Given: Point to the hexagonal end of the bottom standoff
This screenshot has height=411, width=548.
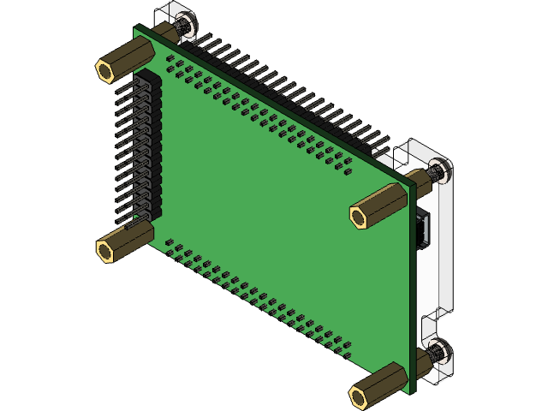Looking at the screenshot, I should (360, 396).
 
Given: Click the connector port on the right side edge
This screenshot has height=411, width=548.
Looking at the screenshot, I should (423, 232).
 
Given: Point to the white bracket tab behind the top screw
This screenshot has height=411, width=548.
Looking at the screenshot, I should (167, 17).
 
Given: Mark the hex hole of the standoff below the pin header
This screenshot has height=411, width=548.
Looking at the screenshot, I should (105, 252).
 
